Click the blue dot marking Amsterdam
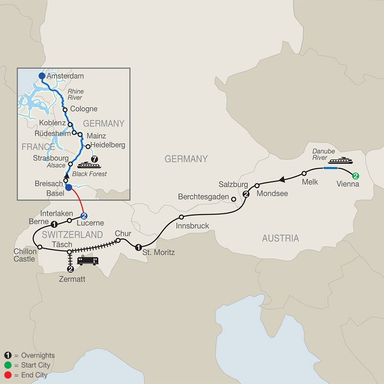click(42, 76)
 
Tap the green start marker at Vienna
click(355, 175)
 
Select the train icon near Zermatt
click(88, 261)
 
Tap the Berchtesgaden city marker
click(233, 199)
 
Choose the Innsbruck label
click(193, 226)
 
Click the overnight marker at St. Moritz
click(138, 247)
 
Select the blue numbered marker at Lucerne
click(84, 215)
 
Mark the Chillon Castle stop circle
click(39, 247)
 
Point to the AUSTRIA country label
click(280, 238)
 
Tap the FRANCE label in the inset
click(35, 147)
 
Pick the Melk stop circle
click(304, 174)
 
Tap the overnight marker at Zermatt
click(70, 269)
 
